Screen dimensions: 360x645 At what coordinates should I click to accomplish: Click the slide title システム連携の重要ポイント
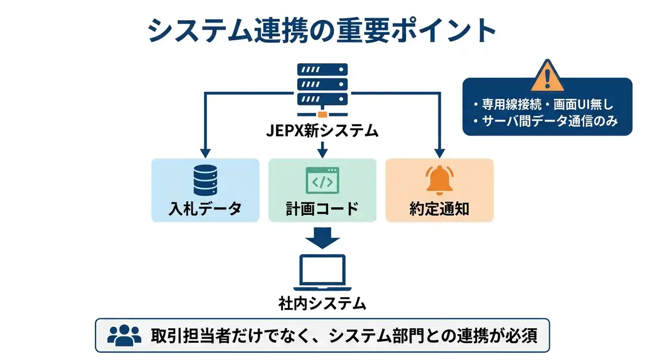click(322, 31)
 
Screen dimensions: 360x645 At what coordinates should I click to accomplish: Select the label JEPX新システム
click(322, 131)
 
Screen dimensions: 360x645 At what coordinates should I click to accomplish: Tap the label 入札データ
click(205, 208)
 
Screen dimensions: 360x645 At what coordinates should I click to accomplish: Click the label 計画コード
click(322, 208)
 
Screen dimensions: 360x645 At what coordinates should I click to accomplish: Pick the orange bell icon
click(439, 181)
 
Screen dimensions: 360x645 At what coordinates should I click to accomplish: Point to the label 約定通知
click(439, 208)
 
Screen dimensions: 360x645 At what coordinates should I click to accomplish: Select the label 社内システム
click(322, 304)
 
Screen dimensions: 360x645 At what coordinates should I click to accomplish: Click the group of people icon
click(124, 335)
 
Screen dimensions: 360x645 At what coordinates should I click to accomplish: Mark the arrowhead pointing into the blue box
click(205, 152)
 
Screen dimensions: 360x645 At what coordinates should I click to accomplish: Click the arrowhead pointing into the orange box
click(439, 152)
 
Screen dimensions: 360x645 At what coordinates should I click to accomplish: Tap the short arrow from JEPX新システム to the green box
click(322, 148)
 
